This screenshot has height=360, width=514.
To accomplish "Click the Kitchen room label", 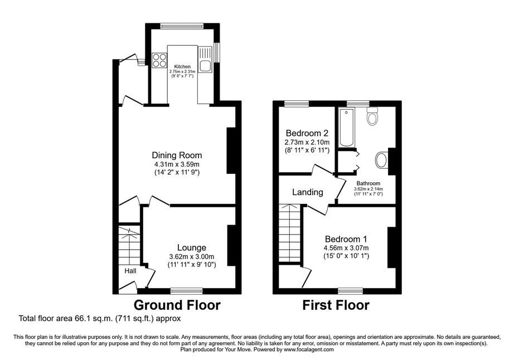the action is pos(182,66).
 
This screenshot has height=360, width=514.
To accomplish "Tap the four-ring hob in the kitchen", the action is pos(159,60).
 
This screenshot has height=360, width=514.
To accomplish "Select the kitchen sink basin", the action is pos(206,66).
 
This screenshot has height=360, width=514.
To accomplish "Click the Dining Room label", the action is pos(177,155).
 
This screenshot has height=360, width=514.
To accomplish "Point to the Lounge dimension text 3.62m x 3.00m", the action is pos(192,256).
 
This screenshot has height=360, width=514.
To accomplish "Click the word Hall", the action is pos(130,271).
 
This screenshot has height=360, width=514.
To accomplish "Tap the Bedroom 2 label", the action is pos(307,133).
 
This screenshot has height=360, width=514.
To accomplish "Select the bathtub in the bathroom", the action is pos(347,128).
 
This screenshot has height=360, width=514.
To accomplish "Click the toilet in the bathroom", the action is pos(372,116).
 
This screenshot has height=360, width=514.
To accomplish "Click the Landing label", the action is pos(308,192).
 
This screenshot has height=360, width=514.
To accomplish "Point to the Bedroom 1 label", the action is pos(346,239).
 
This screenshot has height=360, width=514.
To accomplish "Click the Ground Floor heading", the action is pos(177,305).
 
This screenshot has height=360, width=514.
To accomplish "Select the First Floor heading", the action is pos(336,305).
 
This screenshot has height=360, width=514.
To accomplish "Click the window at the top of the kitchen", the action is pos(182,26).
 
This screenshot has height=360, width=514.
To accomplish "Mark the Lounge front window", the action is pos(187,290).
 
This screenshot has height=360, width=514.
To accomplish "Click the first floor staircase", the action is pos(290,233).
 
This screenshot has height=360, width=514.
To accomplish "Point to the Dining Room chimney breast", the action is pos(231,150).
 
